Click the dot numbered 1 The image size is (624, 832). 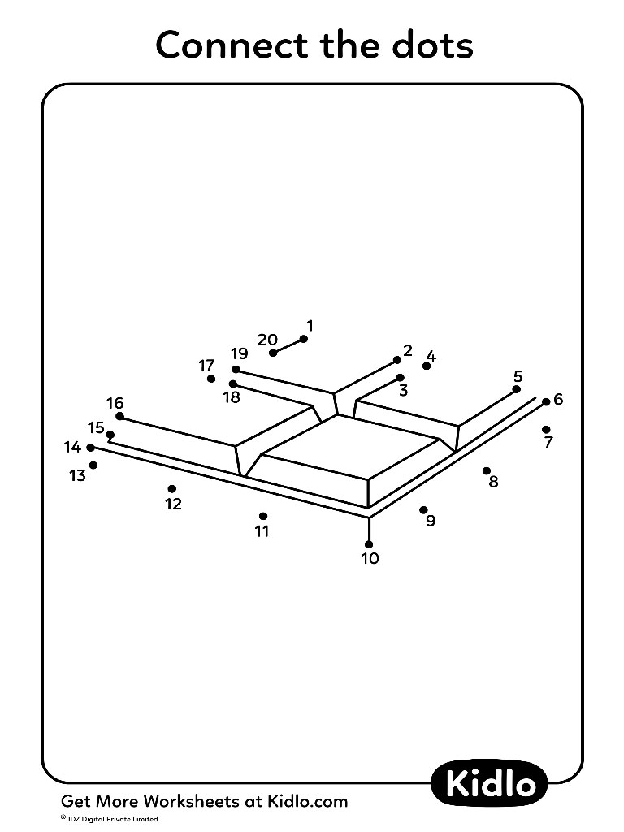pos(304,339)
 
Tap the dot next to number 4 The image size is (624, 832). pos(426,366)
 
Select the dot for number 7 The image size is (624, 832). pos(546,429)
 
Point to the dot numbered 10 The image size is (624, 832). pos(369,544)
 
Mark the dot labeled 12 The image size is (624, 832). pos(172,488)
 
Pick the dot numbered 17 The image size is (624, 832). pos(211,379)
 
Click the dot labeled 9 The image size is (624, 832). pos(423,510)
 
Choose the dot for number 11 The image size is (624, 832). pos(263,516)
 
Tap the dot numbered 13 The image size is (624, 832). pos(93,466)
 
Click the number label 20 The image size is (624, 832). pos(268,340)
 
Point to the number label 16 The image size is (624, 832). pos(115,403)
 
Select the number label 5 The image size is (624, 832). pos(518,376)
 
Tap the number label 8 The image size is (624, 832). pos(493,482)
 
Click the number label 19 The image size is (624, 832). pos(240,353)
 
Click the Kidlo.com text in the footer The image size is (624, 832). pos(301,801)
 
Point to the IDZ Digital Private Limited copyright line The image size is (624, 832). pos(110,820)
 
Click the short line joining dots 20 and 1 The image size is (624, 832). pos(288,346)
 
